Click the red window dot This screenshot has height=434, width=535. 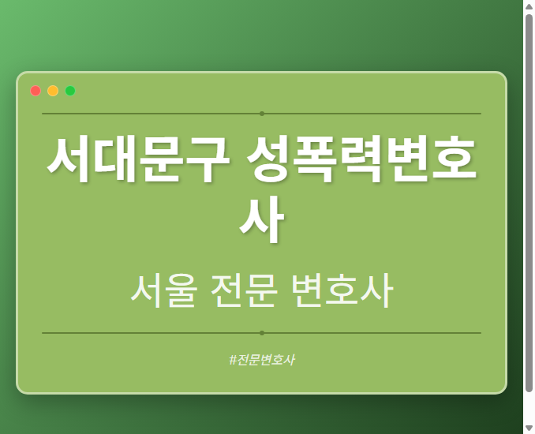coord(36,91)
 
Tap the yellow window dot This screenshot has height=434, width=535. coord(53,91)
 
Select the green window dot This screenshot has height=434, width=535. coord(70,91)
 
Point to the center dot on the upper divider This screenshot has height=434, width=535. coord(262,114)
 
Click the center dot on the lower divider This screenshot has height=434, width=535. coord(262,333)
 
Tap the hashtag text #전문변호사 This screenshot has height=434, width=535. coord(262,360)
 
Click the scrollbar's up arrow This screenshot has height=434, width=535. coord(529,6)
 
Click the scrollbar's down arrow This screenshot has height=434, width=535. coord(529,428)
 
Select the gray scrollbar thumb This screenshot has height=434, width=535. coord(529,201)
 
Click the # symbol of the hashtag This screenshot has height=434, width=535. coord(233,360)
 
